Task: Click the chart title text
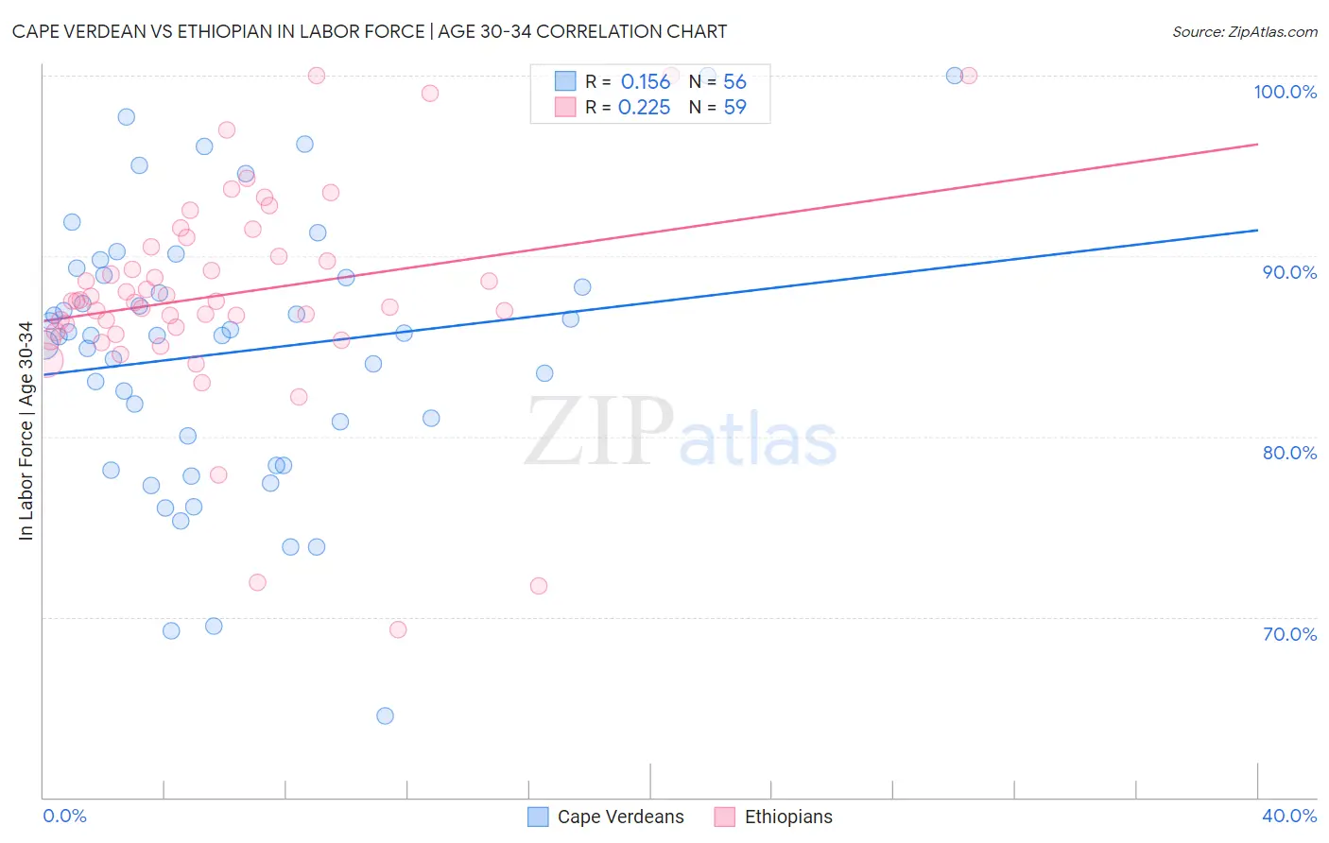(x=370, y=31)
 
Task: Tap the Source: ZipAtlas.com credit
(x=1244, y=31)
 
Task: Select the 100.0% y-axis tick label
(x=1285, y=92)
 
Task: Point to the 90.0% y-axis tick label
(x=1289, y=272)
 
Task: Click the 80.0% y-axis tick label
(x=1289, y=453)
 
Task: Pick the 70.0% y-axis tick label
(x=1289, y=634)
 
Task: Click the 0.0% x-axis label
(x=64, y=816)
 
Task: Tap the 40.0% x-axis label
(x=1289, y=816)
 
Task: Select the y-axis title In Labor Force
(x=26, y=431)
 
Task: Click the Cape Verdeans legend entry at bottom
(x=606, y=817)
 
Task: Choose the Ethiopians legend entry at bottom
(x=774, y=817)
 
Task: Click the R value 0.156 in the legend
(x=645, y=82)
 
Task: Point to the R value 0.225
(x=644, y=108)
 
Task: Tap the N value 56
(x=734, y=82)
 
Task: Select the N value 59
(x=734, y=108)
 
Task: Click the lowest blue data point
(x=385, y=715)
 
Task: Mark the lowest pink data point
(x=398, y=629)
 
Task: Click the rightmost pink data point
(x=968, y=76)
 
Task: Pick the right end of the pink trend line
(x=1257, y=144)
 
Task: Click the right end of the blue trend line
(x=1257, y=230)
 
